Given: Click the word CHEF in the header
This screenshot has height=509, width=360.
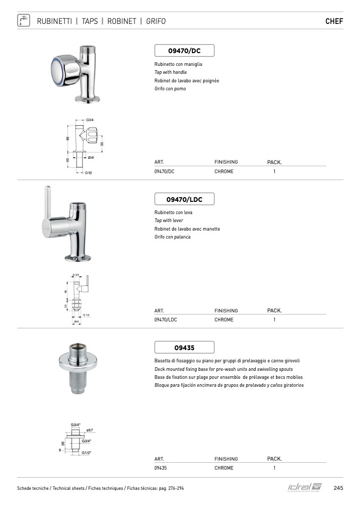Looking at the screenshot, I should point(334,22).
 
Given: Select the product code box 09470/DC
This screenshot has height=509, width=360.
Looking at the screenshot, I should point(184,50).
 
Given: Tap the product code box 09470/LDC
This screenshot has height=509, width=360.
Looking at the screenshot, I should point(184,199).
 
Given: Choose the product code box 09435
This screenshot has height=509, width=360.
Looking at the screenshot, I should point(184,348).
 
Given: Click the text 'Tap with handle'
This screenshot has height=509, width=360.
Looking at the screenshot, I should point(171,72).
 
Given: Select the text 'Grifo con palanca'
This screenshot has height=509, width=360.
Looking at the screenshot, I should point(172,237).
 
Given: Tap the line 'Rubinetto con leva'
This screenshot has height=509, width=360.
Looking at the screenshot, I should point(173,213).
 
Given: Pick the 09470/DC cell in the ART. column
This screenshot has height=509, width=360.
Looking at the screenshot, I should point(164,172).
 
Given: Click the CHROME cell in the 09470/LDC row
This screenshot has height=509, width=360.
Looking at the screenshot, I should point(224,320).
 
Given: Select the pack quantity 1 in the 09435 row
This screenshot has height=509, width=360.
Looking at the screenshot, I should point(274,468).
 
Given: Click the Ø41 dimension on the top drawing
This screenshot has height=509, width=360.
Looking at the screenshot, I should point(91,158).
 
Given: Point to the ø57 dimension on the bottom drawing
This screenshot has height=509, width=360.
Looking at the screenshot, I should point(89,430).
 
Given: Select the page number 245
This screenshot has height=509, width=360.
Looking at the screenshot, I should point(338,488).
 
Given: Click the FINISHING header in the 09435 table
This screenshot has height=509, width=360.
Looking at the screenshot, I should point(226,459).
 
